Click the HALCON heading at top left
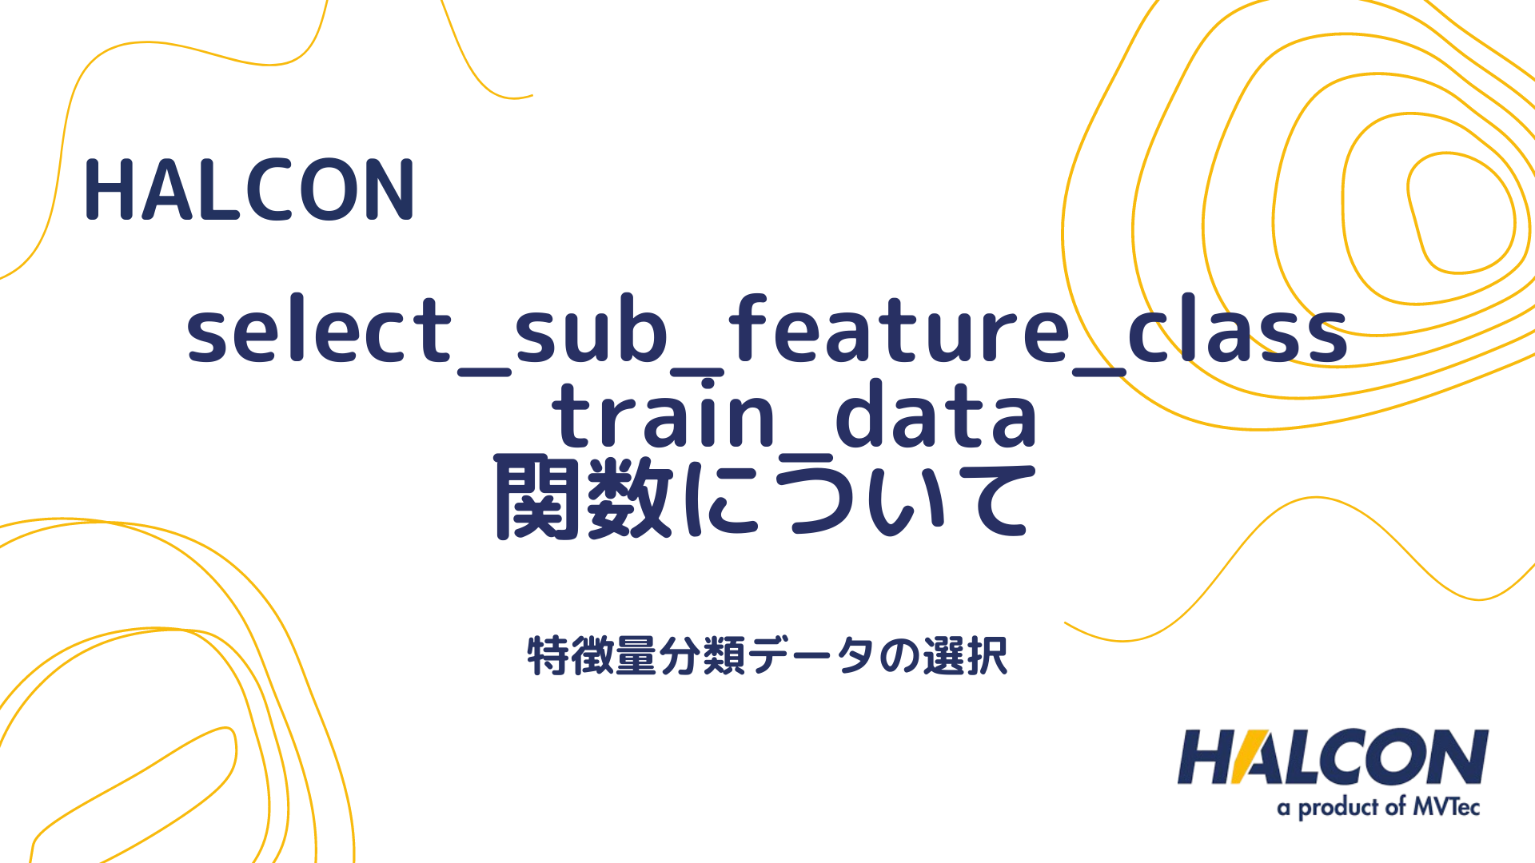[249, 189]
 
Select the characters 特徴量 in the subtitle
[592, 656]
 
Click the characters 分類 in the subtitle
[702, 656]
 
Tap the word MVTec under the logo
[1446, 807]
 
